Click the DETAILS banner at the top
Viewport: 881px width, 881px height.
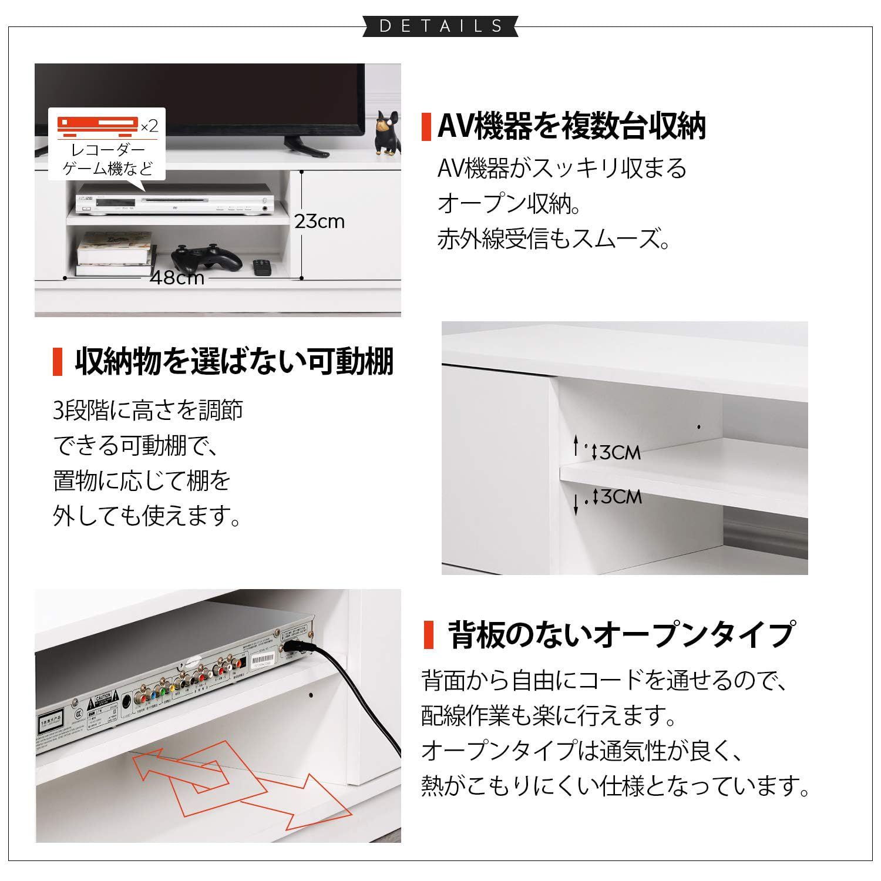pos(441,26)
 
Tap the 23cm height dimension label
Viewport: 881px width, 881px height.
pos(320,222)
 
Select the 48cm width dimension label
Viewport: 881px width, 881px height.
pos(177,277)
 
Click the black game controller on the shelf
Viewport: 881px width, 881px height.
pos(206,258)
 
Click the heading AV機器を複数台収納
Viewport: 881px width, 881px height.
pos(571,126)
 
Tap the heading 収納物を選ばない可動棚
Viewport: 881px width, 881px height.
pos(234,361)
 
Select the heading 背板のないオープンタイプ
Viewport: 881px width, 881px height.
pos(621,634)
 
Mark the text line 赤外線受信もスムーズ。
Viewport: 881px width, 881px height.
pos(553,239)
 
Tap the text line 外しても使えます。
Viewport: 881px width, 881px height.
pos(147,516)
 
